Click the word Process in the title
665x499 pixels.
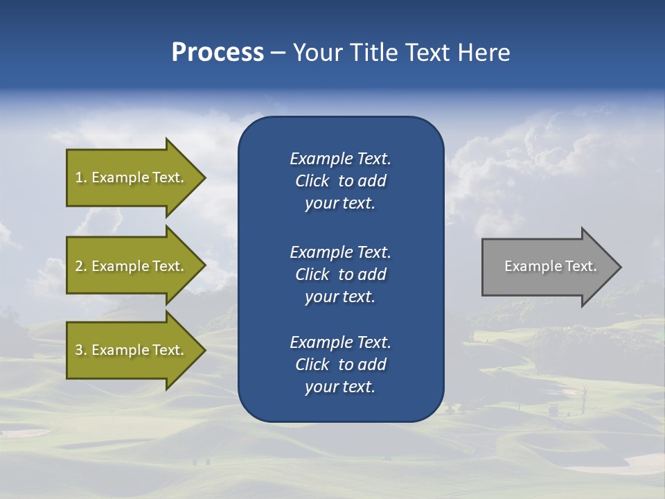(218, 53)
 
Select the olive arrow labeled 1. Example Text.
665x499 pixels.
(132, 177)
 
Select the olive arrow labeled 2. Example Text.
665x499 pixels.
(132, 266)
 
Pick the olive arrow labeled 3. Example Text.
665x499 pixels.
(132, 350)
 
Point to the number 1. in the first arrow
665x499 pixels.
(81, 177)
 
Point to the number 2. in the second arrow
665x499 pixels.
(81, 266)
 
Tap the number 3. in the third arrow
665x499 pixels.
(81, 350)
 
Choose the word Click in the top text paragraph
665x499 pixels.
(312, 181)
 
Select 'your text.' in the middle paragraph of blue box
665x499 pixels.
(340, 297)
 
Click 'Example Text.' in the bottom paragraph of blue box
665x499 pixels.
(340, 342)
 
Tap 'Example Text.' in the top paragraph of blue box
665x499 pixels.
(340, 159)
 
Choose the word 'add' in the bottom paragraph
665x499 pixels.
(373, 365)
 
